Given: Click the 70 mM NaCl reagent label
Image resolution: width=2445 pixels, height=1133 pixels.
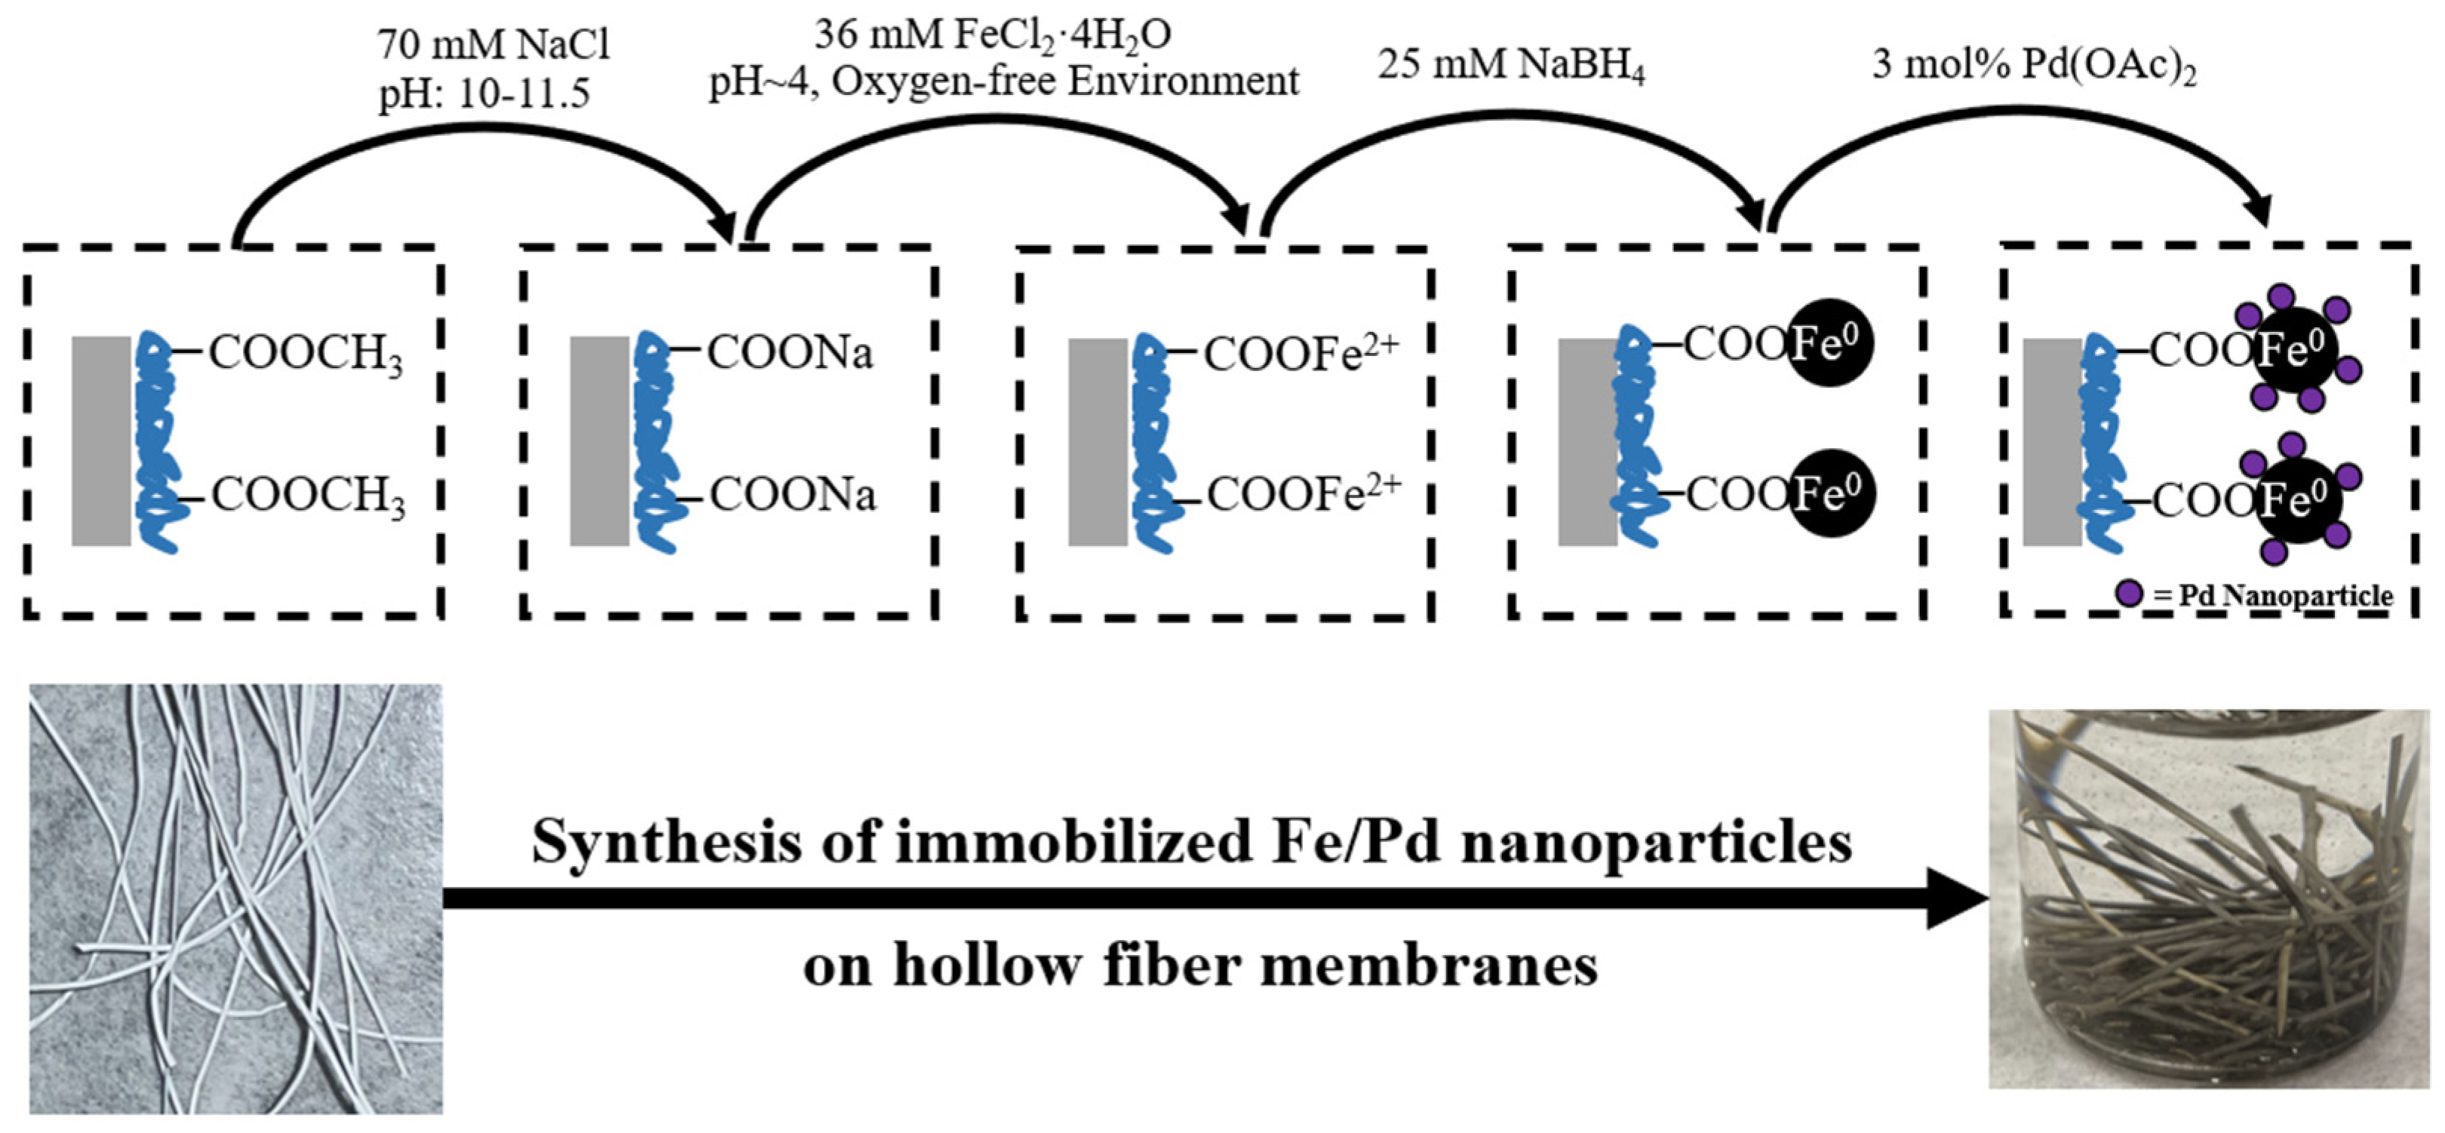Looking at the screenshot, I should click(x=493, y=45).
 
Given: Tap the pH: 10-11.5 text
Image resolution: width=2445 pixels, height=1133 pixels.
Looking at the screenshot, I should click(x=484, y=93).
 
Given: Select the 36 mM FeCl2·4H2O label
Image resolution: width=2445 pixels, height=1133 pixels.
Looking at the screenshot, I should click(x=992, y=35).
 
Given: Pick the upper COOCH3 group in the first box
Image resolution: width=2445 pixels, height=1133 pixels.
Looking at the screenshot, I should click(x=306, y=353).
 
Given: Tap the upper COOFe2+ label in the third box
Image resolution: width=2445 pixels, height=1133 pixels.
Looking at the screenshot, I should click(x=1301, y=353).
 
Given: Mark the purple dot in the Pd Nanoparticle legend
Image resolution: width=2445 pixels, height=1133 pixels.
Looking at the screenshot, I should click(x=2130, y=594).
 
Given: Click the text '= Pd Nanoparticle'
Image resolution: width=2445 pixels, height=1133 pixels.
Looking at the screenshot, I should click(x=2273, y=596).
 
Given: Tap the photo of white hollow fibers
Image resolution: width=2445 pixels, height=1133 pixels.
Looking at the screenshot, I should click(x=235, y=898).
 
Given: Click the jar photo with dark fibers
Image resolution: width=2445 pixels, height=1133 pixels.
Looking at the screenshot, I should click(x=2207, y=898).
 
